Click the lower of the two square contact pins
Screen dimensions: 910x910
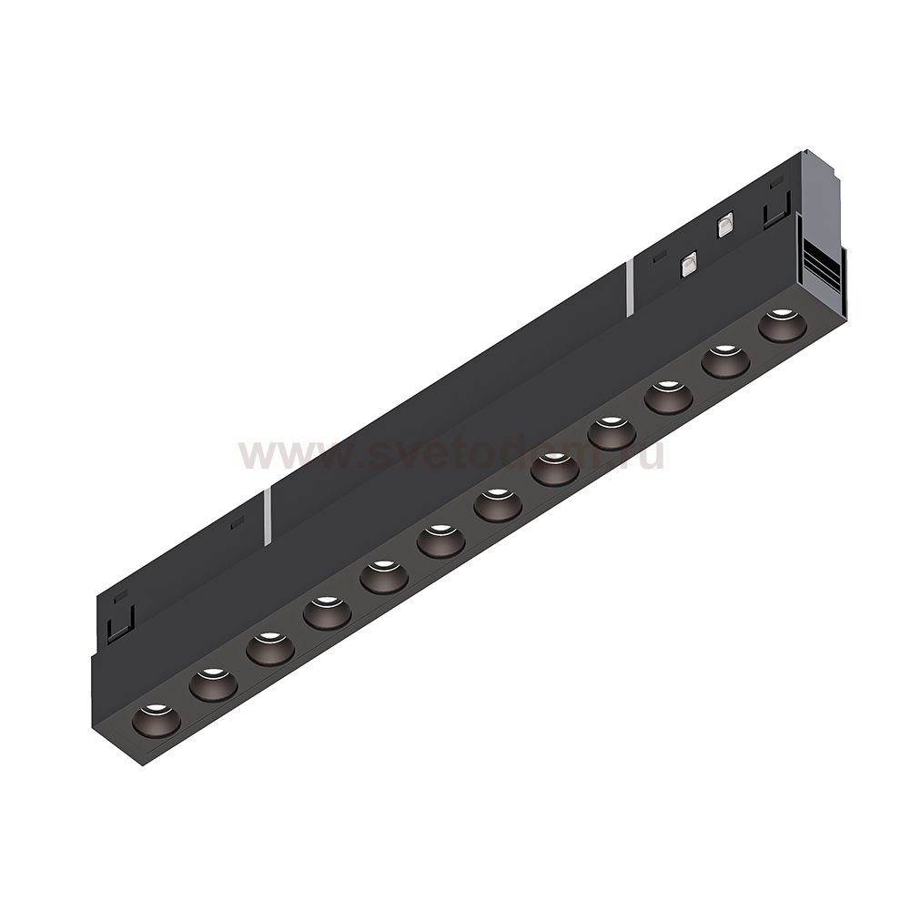pos(689,265)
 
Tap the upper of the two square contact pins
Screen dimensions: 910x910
pos(724,225)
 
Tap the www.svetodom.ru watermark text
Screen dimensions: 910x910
pos(450,453)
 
